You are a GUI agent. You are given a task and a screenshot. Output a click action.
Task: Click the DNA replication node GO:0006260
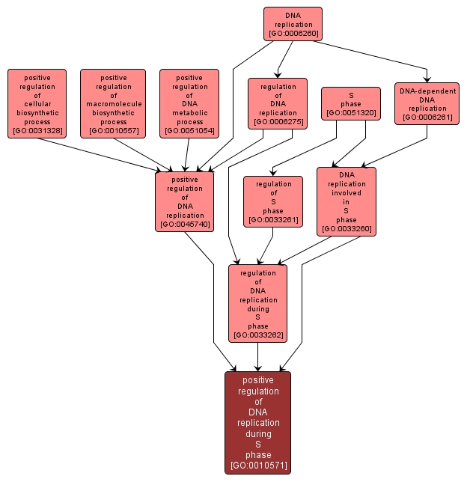tap(293, 24)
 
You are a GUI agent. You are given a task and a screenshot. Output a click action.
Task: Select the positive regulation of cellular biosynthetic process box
tap(37, 104)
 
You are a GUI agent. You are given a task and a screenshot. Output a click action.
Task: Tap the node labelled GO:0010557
tap(114, 104)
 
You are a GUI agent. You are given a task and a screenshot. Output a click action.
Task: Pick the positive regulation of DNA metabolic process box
tap(189, 104)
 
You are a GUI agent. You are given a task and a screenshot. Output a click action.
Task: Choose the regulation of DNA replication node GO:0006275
tap(278, 103)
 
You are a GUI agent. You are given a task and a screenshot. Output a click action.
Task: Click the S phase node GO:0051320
tap(351, 104)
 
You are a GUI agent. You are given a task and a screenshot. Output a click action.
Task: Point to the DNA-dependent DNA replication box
tap(427, 104)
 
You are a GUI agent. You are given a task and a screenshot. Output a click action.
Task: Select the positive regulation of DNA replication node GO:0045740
tap(185, 202)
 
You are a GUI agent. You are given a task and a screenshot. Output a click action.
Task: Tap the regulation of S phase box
tap(273, 201)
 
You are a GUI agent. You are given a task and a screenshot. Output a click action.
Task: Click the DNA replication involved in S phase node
tap(347, 201)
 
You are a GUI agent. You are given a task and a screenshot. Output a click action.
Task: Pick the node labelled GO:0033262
tap(258, 304)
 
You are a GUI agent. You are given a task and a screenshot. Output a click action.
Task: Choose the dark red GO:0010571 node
tap(258, 422)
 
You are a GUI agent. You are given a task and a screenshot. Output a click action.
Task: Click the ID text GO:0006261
tap(427, 118)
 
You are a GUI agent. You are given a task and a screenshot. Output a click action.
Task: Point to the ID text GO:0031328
tap(37, 131)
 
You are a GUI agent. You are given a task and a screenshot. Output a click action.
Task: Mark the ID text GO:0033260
tap(347, 228)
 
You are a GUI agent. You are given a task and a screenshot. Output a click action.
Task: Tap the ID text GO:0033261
tap(273, 219)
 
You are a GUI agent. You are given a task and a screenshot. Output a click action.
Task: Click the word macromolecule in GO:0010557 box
tap(114, 104)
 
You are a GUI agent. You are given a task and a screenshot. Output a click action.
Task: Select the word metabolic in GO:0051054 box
tap(189, 113)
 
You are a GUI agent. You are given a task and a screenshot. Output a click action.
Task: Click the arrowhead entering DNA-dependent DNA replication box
tap(427, 79)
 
